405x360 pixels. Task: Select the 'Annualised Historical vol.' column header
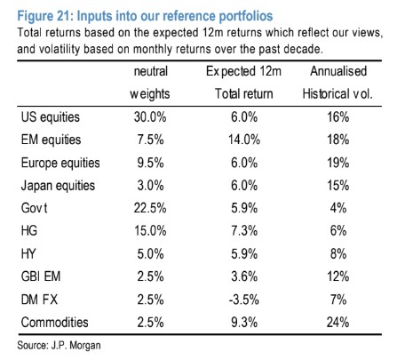pos(337,83)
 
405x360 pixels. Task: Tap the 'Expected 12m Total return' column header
pos(243,83)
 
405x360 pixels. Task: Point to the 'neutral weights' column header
pos(150,83)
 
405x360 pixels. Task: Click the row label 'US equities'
pos(51,117)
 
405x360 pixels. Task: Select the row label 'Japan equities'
pos(58,186)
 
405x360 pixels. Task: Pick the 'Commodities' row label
pos(55,323)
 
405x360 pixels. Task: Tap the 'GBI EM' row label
pos(41,276)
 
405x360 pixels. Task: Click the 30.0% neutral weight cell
pos(150,117)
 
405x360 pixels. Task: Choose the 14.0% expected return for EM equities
pos(244,140)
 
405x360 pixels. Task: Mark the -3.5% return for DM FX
pos(244,300)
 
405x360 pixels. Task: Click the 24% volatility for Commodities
pos(337,323)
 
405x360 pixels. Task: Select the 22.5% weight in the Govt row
pos(150,208)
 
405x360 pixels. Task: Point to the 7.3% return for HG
pos(244,231)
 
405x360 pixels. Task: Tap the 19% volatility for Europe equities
pos(337,163)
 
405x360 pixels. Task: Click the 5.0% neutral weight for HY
pos(150,254)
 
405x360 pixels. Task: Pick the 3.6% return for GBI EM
pos(244,276)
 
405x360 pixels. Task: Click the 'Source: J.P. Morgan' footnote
pos(59,346)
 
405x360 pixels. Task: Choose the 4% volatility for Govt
pos(338,208)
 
